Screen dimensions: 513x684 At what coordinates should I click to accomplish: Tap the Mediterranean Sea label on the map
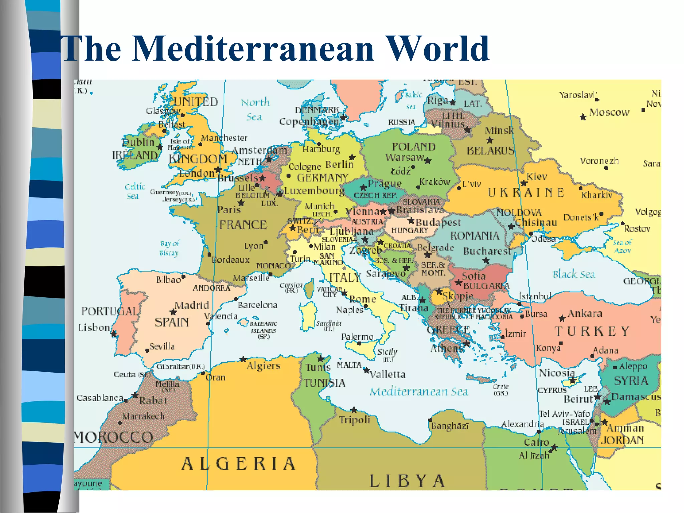click(x=418, y=392)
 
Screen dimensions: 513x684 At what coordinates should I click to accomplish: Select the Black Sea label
click(x=573, y=275)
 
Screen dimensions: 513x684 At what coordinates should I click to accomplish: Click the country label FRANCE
click(x=243, y=225)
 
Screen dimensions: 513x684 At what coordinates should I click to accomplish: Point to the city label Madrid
click(x=192, y=305)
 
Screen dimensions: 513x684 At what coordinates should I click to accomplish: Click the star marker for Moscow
click(x=583, y=117)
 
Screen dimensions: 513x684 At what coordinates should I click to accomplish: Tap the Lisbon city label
click(x=94, y=328)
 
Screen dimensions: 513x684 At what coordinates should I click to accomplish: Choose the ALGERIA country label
click(x=238, y=464)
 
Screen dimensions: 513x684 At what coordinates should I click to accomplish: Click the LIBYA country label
click(x=407, y=481)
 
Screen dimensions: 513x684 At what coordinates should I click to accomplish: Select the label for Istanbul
click(x=534, y=296)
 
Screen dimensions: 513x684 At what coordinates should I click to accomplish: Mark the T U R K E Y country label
click(x=592, y=332)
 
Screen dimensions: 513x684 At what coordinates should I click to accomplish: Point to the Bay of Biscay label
click(x=169, y=248)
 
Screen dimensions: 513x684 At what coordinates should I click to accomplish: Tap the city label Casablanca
click(x=100, y=398)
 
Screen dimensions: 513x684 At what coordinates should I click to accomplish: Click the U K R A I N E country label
click(x=526, y=193)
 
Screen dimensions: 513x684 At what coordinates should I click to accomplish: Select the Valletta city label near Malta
click(x=387, y=374)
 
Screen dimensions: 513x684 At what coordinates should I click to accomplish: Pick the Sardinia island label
click(x=328, y=325)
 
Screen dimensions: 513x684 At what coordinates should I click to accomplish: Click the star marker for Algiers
click(x=243, y=359)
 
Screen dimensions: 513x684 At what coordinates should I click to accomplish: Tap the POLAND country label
click(x=413, y=147)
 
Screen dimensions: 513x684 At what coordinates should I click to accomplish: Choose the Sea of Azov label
click(x=622, y=246)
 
